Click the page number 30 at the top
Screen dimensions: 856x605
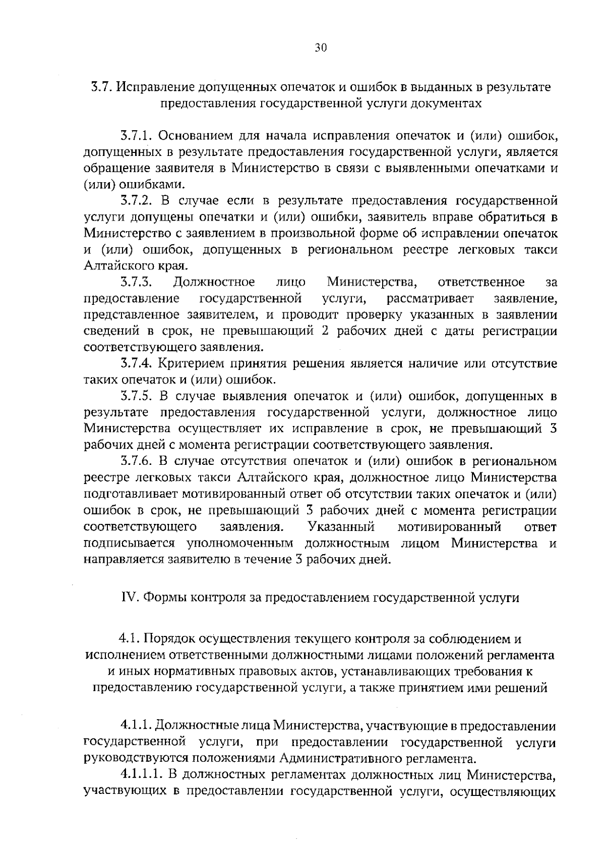point(321,48)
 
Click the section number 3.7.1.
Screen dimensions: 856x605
point(137,136)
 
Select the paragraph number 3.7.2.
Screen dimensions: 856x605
point(137,201)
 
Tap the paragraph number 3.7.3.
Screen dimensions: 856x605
point(137,282)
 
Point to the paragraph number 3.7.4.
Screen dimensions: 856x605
point(137,363)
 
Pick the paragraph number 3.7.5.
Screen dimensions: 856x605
point(137,396)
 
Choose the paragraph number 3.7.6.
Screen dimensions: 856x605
point(137,461)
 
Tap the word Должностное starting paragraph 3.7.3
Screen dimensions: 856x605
point(214,282)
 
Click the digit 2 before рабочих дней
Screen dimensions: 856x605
point(311,331)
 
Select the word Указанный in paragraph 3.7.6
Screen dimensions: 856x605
point(341,527)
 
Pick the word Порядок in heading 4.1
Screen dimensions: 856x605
point(169,639)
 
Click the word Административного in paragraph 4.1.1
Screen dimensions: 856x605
point(333,759)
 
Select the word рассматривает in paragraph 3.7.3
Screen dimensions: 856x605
point(431,298)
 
